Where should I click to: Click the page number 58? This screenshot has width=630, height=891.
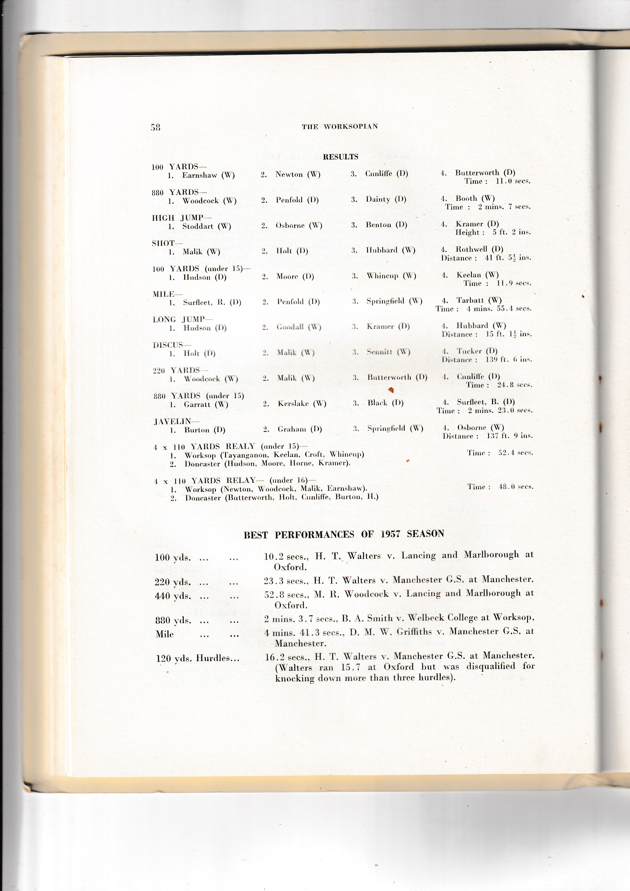point(155,127)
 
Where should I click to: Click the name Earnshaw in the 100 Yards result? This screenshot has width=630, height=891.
point(200,175)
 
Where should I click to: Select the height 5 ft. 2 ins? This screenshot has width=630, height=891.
point(511,232)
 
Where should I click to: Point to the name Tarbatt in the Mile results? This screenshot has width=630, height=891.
point(470,300)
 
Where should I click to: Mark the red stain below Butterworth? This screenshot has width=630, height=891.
point(391,390)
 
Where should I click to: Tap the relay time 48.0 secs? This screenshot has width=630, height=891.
point(516,487)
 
